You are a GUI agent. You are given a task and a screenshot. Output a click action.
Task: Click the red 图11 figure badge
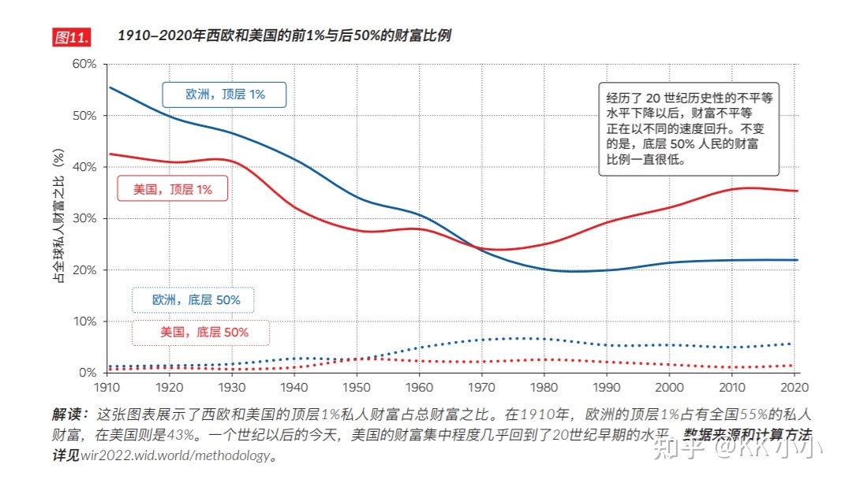tap(71, 37)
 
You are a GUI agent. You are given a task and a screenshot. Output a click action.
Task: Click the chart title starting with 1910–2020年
tap(284, 36)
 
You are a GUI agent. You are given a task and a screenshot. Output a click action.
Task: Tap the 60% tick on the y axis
tap(84, 64)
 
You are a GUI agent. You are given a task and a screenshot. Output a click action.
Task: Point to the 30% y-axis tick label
tap(84, 218)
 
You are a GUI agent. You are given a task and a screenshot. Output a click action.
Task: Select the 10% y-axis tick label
tap(84, 321)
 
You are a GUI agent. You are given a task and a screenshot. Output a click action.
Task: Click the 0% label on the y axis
tap(87, 373)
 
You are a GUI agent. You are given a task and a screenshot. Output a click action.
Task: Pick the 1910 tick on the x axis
tap(107, 388)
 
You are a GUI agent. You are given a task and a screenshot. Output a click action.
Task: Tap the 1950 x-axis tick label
tap(358, 388)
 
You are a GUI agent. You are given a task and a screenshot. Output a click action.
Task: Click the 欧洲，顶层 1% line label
tap(225, 95)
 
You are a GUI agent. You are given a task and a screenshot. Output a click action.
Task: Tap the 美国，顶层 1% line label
tap(173, 189)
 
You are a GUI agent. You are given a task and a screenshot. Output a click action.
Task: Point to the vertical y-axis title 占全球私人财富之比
tap(58, 217)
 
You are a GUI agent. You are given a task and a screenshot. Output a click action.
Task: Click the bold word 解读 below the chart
tap(69, 414)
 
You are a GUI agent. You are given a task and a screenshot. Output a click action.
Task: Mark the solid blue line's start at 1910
tap(109, 87)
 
